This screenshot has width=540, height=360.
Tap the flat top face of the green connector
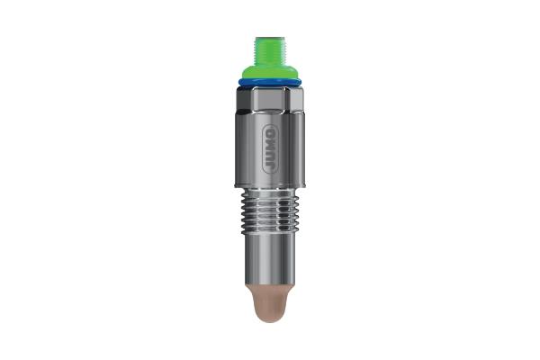click(269, 38)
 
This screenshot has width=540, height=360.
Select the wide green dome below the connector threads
click(269, 72)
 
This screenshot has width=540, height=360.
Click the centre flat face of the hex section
click(269, 100)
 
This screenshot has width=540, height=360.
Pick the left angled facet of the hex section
click(247, 100)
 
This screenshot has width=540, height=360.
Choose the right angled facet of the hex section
click(292, 100)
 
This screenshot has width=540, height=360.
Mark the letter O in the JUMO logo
click(269, 129)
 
